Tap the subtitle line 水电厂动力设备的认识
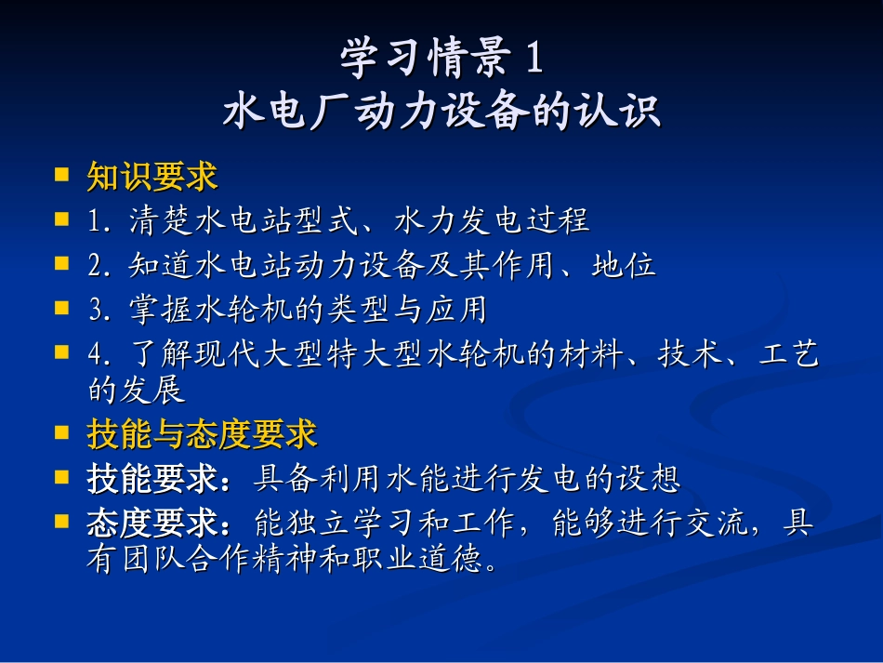tap(441, 113)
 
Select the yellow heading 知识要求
tap(152, 176)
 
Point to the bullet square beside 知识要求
tap(62, 174)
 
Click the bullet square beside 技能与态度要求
tap(62, 432)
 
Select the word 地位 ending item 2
tap(624, 265)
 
